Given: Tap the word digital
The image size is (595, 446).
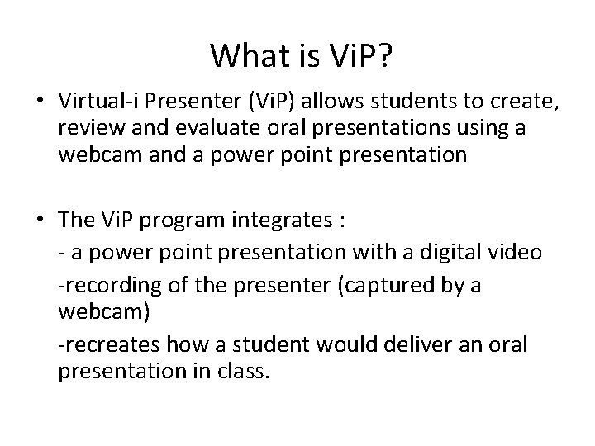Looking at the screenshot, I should pyautogui.click(x=459, y=252).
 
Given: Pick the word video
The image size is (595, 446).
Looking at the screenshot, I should pyautogui.click(x=520, y=252).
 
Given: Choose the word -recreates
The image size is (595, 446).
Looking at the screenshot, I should pyautogui.click(x=100, y=343).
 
